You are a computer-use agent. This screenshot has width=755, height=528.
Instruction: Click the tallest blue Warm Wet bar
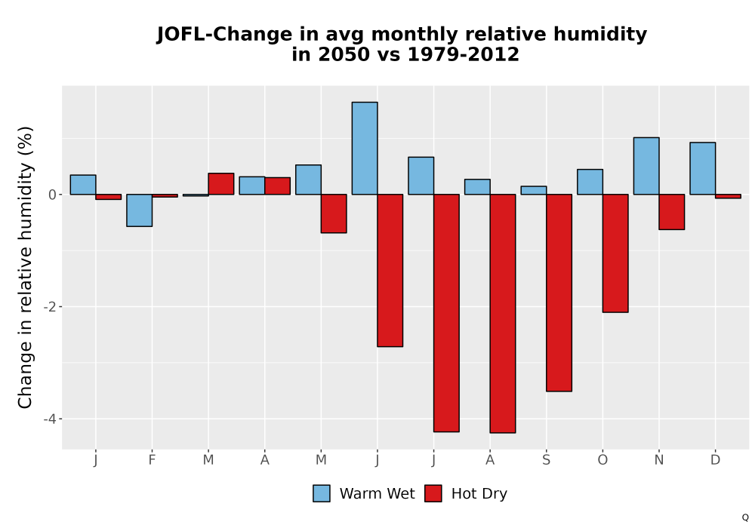365,148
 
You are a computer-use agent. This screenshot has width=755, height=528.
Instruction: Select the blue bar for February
140,210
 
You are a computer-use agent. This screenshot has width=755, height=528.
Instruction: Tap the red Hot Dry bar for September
559,293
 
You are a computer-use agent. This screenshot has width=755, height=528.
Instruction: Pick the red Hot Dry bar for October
615,253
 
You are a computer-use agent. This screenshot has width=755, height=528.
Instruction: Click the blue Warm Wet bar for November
646,166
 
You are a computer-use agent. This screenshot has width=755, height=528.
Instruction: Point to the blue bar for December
702,168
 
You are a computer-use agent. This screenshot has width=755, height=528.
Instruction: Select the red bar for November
672,212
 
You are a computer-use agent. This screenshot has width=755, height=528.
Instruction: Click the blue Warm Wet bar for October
590,182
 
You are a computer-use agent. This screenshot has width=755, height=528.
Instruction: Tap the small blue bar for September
534,190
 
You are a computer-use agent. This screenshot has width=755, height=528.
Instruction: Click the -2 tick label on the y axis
50,307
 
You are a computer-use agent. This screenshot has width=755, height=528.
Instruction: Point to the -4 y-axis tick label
50,419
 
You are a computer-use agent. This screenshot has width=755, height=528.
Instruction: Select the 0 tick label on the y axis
53,195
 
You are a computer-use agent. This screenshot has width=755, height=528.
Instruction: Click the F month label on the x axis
152,460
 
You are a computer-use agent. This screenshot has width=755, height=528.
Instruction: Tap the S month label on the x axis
546,460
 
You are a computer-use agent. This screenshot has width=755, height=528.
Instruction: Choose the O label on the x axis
602,460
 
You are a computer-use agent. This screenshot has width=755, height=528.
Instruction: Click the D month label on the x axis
715,460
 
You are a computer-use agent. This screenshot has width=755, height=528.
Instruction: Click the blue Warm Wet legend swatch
322,493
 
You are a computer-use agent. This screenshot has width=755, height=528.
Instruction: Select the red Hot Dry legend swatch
433,493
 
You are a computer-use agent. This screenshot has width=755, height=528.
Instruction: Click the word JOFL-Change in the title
224,35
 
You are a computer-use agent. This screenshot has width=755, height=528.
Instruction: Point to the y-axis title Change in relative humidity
25,267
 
